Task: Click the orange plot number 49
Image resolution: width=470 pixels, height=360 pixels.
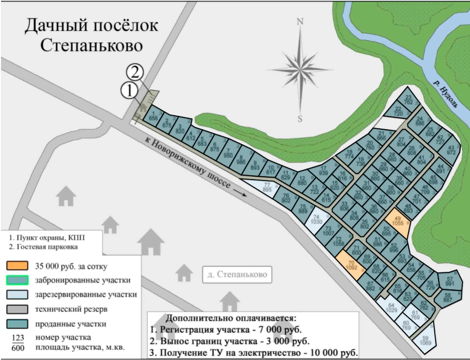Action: [x=399, y=222]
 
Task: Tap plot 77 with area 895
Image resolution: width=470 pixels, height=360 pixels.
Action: [x=265, y=187]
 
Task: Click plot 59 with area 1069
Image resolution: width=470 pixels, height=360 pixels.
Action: [x=426, y=340]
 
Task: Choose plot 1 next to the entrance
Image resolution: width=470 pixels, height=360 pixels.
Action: [x=154, y=115]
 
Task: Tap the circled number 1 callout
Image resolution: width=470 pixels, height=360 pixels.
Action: [x=129, y=90]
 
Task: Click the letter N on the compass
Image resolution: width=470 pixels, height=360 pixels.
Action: [x=300, y=22]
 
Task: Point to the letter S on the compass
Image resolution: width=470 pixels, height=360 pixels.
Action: [x=300, y=119]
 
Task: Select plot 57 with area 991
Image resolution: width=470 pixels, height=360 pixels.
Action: [x=449, y=281]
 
